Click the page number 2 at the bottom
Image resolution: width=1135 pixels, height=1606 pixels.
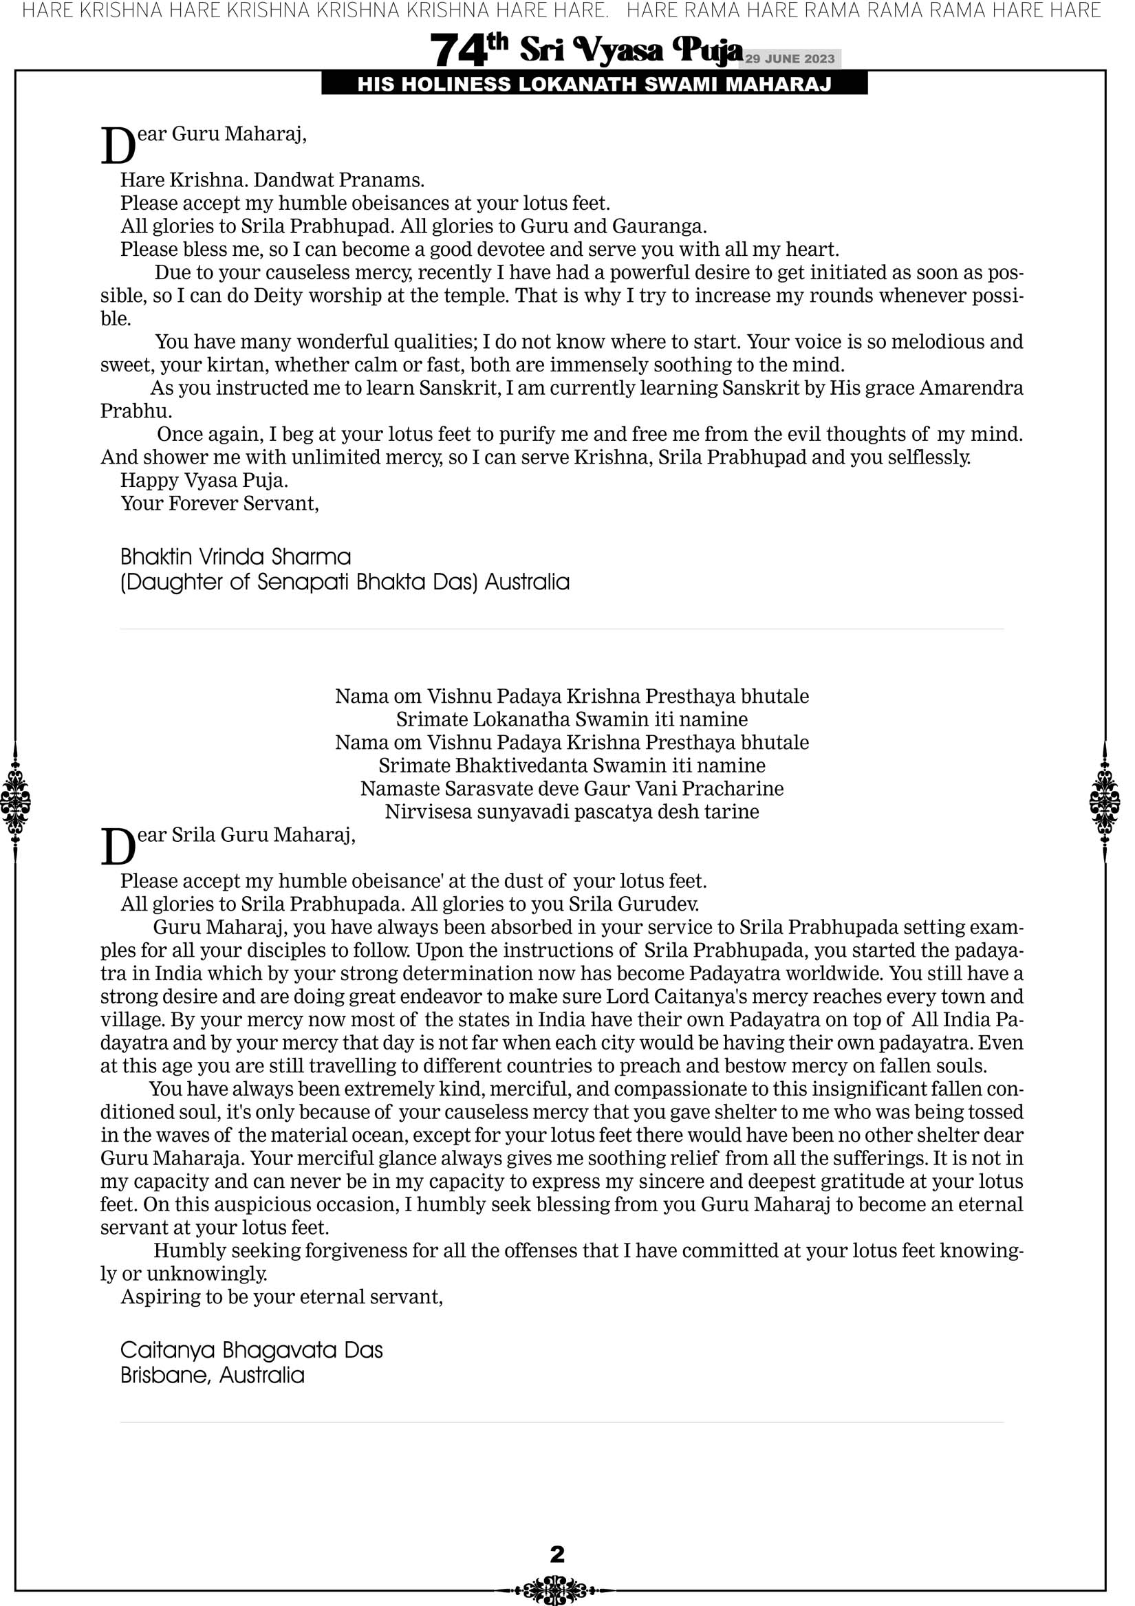pos(557,1554)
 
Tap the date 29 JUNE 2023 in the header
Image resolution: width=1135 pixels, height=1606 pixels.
pos(789,58)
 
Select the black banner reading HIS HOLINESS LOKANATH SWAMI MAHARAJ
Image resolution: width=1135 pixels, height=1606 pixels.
pos(594,85)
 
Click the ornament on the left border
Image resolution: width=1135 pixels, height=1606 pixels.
pos(15,801)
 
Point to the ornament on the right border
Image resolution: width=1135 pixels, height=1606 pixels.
pos(1105,801)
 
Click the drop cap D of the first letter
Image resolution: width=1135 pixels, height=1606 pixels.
pos(118,147)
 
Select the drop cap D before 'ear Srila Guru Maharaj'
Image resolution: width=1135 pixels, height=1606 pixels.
pos(118,848)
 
